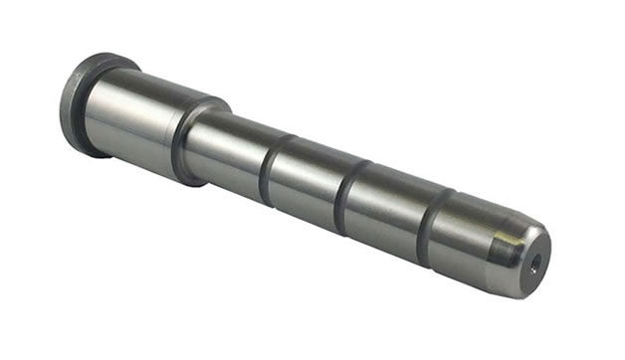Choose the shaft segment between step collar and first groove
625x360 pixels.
229,154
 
